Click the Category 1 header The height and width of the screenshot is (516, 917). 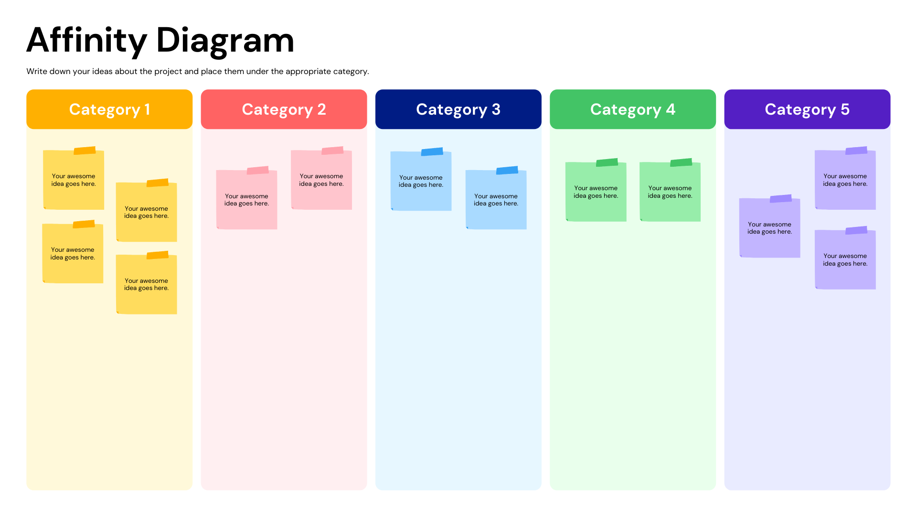[109, 109]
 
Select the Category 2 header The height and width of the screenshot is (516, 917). [284, 109]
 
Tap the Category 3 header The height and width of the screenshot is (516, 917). [458, 109]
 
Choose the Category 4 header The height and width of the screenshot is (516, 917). [632, 109]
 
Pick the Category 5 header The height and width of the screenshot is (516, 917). [807, 109]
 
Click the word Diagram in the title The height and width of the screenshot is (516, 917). [225, 41]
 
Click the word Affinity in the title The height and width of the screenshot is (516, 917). [86, 41]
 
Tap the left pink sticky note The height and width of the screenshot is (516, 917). [246, 200]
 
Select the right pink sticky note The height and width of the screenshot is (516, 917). [321, 180]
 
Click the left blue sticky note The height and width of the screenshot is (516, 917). [421, 181]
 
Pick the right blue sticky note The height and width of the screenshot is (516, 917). [496, 200]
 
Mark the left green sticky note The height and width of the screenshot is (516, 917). [596, 192]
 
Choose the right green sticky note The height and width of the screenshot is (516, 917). [670, 192]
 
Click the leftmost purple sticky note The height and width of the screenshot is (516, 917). [769, 228]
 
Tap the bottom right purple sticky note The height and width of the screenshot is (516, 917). [845, 260]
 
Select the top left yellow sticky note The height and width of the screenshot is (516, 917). [74, 180]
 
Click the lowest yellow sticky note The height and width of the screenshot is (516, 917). [146, 284]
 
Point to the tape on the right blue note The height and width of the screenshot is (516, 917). [507, 171]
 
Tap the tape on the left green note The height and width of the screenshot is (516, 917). [607, 162]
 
